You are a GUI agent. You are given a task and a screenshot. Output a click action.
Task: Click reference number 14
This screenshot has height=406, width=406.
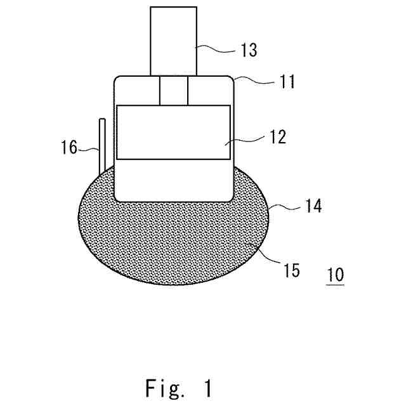coord(311,206)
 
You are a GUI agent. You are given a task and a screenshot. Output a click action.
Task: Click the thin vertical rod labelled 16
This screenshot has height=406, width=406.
coord(100,146)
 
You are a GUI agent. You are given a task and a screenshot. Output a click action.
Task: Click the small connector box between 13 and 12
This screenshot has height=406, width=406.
coord(173,90)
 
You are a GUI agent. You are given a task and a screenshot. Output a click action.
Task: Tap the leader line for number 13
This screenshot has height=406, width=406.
coord(216,46)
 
